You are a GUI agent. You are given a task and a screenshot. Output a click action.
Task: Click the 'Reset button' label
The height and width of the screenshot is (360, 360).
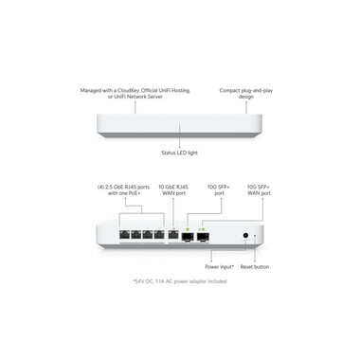coord(255,266)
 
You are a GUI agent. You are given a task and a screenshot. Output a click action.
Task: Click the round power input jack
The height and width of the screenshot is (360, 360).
coord(247,233)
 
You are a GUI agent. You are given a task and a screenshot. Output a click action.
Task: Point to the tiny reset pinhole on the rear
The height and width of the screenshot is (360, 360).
coord(260,233)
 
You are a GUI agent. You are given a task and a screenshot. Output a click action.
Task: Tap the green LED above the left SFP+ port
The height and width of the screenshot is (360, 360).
coord(189,227)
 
